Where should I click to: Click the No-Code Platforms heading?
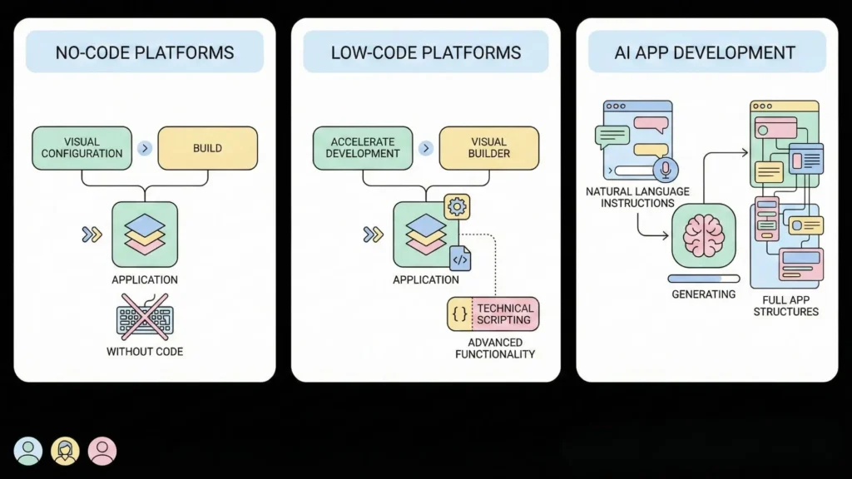point(145,52)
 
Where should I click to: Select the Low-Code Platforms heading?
point(425,52)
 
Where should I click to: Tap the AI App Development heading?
point(706,52)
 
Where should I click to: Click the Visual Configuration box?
point(82,148)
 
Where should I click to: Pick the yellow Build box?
point(207,148)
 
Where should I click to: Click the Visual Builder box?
point(488,148)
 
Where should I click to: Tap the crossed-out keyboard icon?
point(145,320)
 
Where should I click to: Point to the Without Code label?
point(145,352)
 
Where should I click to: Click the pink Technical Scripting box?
point(505,314)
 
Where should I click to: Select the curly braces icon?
point(459,314)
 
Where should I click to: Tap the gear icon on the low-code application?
point(457,206)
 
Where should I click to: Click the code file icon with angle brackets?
point(460,259)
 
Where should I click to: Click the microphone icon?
point(665,170)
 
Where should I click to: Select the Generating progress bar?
point(703,279)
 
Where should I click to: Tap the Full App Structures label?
point(785,305)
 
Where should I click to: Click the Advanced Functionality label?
point(494,348)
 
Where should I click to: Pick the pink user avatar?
point(102,451)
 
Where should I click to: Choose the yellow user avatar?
point(65,451)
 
